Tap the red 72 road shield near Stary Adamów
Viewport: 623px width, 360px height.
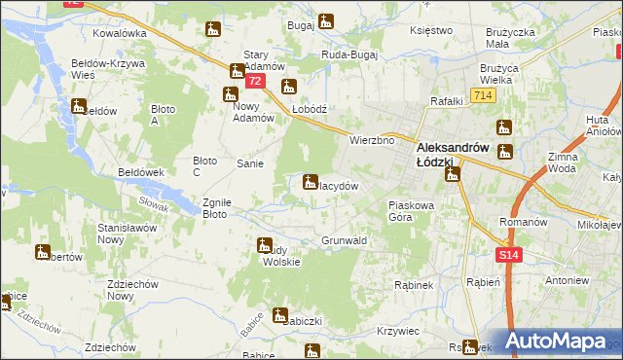tap(255, 81)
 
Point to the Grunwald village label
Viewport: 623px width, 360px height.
tap(344, 240)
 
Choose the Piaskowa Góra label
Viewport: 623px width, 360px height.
tap(414, 211)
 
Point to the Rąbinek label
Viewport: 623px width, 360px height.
tap(412, 285)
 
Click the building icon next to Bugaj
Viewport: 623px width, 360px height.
tap(325, 20)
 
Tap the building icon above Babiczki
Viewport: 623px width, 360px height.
tap(280, 315)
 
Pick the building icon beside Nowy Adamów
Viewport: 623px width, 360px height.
tap(230, 94)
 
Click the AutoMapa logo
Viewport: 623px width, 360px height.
tap(556, 342)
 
